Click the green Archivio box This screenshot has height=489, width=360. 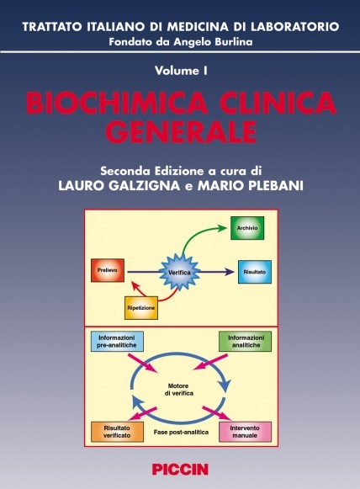pyautogui.click(x=247, y=228)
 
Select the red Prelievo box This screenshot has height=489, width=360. pyautogui.click(x=108, y=270)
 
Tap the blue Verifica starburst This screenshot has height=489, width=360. pyautogui.click(x=179, y=272)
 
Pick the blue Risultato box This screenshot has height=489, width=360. pyautogui.click(x=255, y=272)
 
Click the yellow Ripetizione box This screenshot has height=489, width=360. pyautogui.click(x=141, y=308)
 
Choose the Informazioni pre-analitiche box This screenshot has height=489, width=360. pyautogui.click(x=117, y=342)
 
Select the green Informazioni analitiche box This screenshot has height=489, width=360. pyautogui.click(x=246, y=342)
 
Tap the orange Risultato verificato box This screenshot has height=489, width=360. pyautogui.click(x=117, y=432)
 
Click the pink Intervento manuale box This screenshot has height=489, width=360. pyautogui.click(x=246, y=432)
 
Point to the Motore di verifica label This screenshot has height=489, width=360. pyautogui.click(x=179, y=390)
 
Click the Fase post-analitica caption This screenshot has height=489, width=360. pyautogui.click(x=181, y=433)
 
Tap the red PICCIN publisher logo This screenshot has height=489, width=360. pyautogui.click(x=180, y=470)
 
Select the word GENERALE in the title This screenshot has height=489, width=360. pyautogui.click(x=183, y=131)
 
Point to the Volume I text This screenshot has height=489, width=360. pyautogui.click(x=181, y=71)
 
